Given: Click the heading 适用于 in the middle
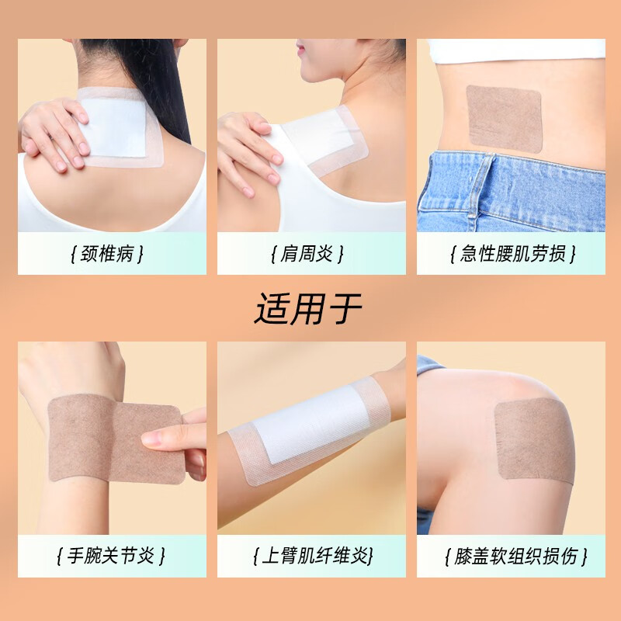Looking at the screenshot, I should [309, 308].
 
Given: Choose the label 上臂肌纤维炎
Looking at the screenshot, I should [310, 556].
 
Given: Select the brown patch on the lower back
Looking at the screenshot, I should [503, 117].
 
